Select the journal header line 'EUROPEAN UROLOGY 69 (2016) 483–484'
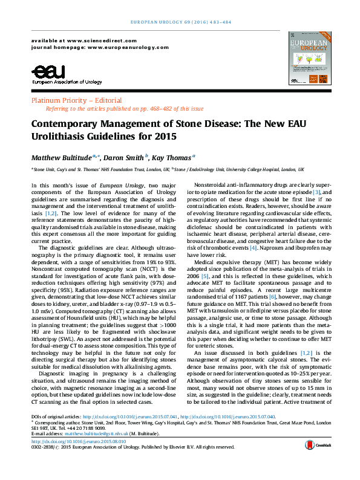pos(180,23)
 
